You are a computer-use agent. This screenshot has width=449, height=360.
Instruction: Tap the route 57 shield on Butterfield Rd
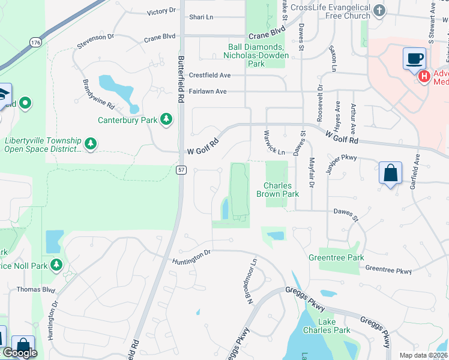[182, 170]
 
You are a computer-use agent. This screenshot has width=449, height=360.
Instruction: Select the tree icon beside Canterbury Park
[166, 120]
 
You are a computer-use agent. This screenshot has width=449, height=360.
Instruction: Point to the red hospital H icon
[424, 76]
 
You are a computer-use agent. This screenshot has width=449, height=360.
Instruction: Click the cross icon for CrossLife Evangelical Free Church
[379, 10]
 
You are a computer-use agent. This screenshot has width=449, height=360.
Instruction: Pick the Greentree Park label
[336, 257]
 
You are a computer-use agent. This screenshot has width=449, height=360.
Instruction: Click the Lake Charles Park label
[334, 326]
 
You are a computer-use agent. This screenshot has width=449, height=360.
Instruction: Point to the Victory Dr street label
[161, 11]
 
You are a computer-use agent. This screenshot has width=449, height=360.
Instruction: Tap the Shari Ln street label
[201, 17]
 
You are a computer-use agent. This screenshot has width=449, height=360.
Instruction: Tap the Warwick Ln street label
[273, 142]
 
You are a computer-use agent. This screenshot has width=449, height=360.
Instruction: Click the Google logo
[20, 353]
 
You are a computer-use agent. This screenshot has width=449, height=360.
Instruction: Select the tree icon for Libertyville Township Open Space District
[90, 143]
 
